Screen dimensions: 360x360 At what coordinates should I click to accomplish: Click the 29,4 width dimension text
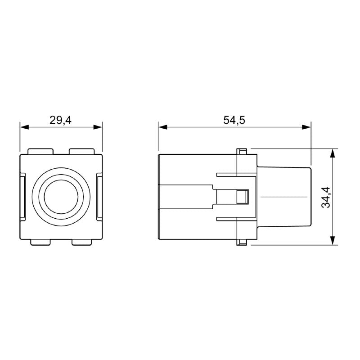tap(61, 120)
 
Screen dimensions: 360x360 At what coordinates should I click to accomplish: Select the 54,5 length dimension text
tap(234, 120)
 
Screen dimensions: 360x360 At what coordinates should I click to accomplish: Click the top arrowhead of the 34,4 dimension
tap(333, 153)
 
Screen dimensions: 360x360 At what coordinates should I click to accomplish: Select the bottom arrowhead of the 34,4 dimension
tap(333, 240)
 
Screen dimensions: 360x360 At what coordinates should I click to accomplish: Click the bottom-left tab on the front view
tap(40, 243)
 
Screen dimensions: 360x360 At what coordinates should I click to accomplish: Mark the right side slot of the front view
tap(100, 197)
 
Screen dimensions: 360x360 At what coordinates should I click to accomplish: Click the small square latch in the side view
tap(243, 197)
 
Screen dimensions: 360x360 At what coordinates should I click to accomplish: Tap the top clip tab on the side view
tap(242, 150)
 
